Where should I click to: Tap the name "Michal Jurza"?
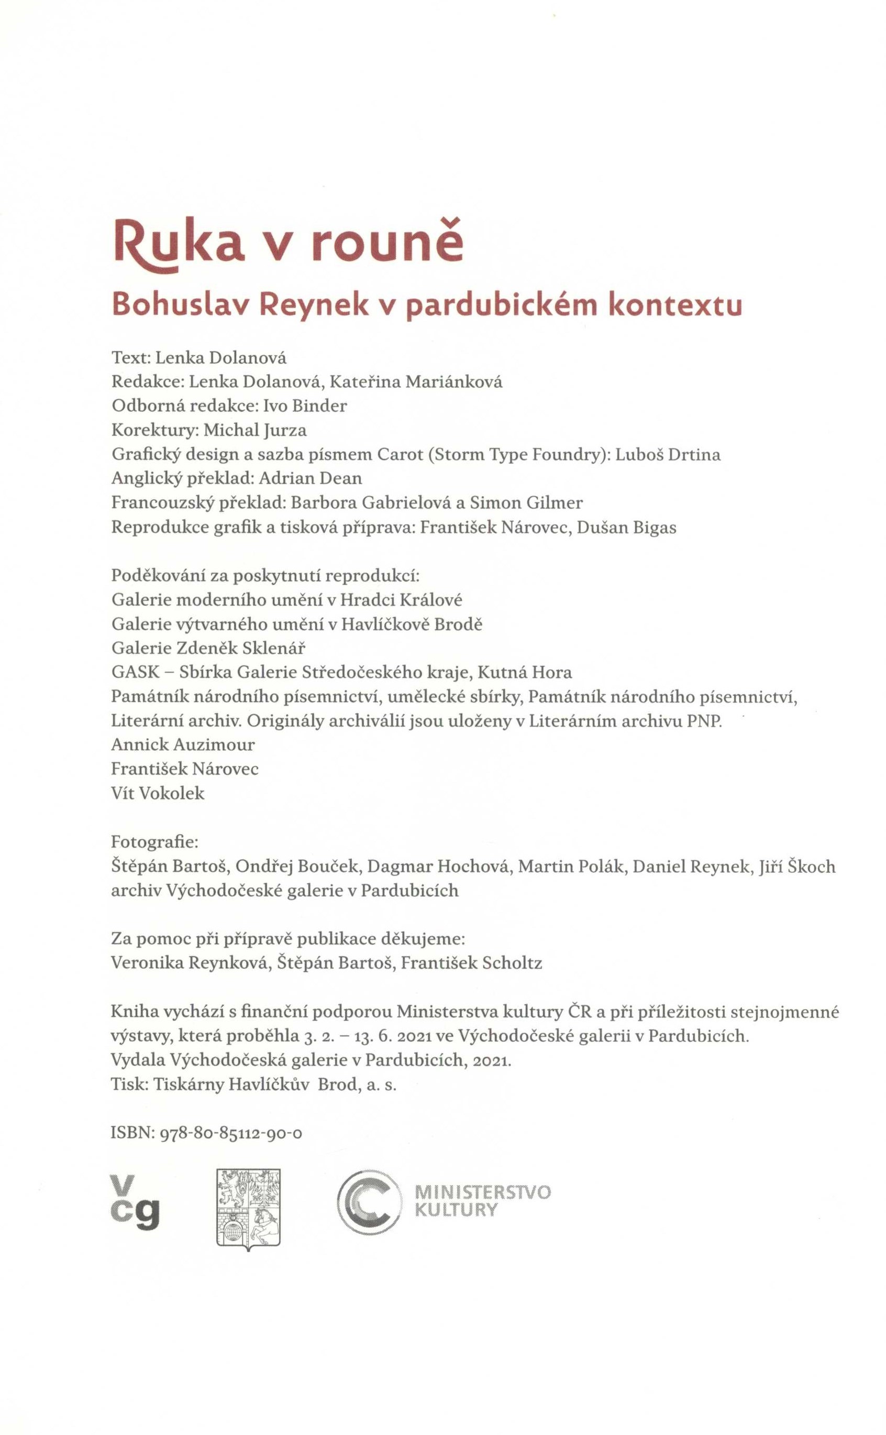[x=255, y=430]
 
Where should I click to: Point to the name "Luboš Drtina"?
[x=668, y=455]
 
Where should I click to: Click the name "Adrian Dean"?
[x=310, y=478]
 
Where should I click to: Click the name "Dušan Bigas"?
[x=626, y=528]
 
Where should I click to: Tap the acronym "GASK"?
[x=135, y=672]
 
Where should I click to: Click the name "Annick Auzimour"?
[x=183, y=744]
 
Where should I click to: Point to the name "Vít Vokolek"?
[x=158, y=794]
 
